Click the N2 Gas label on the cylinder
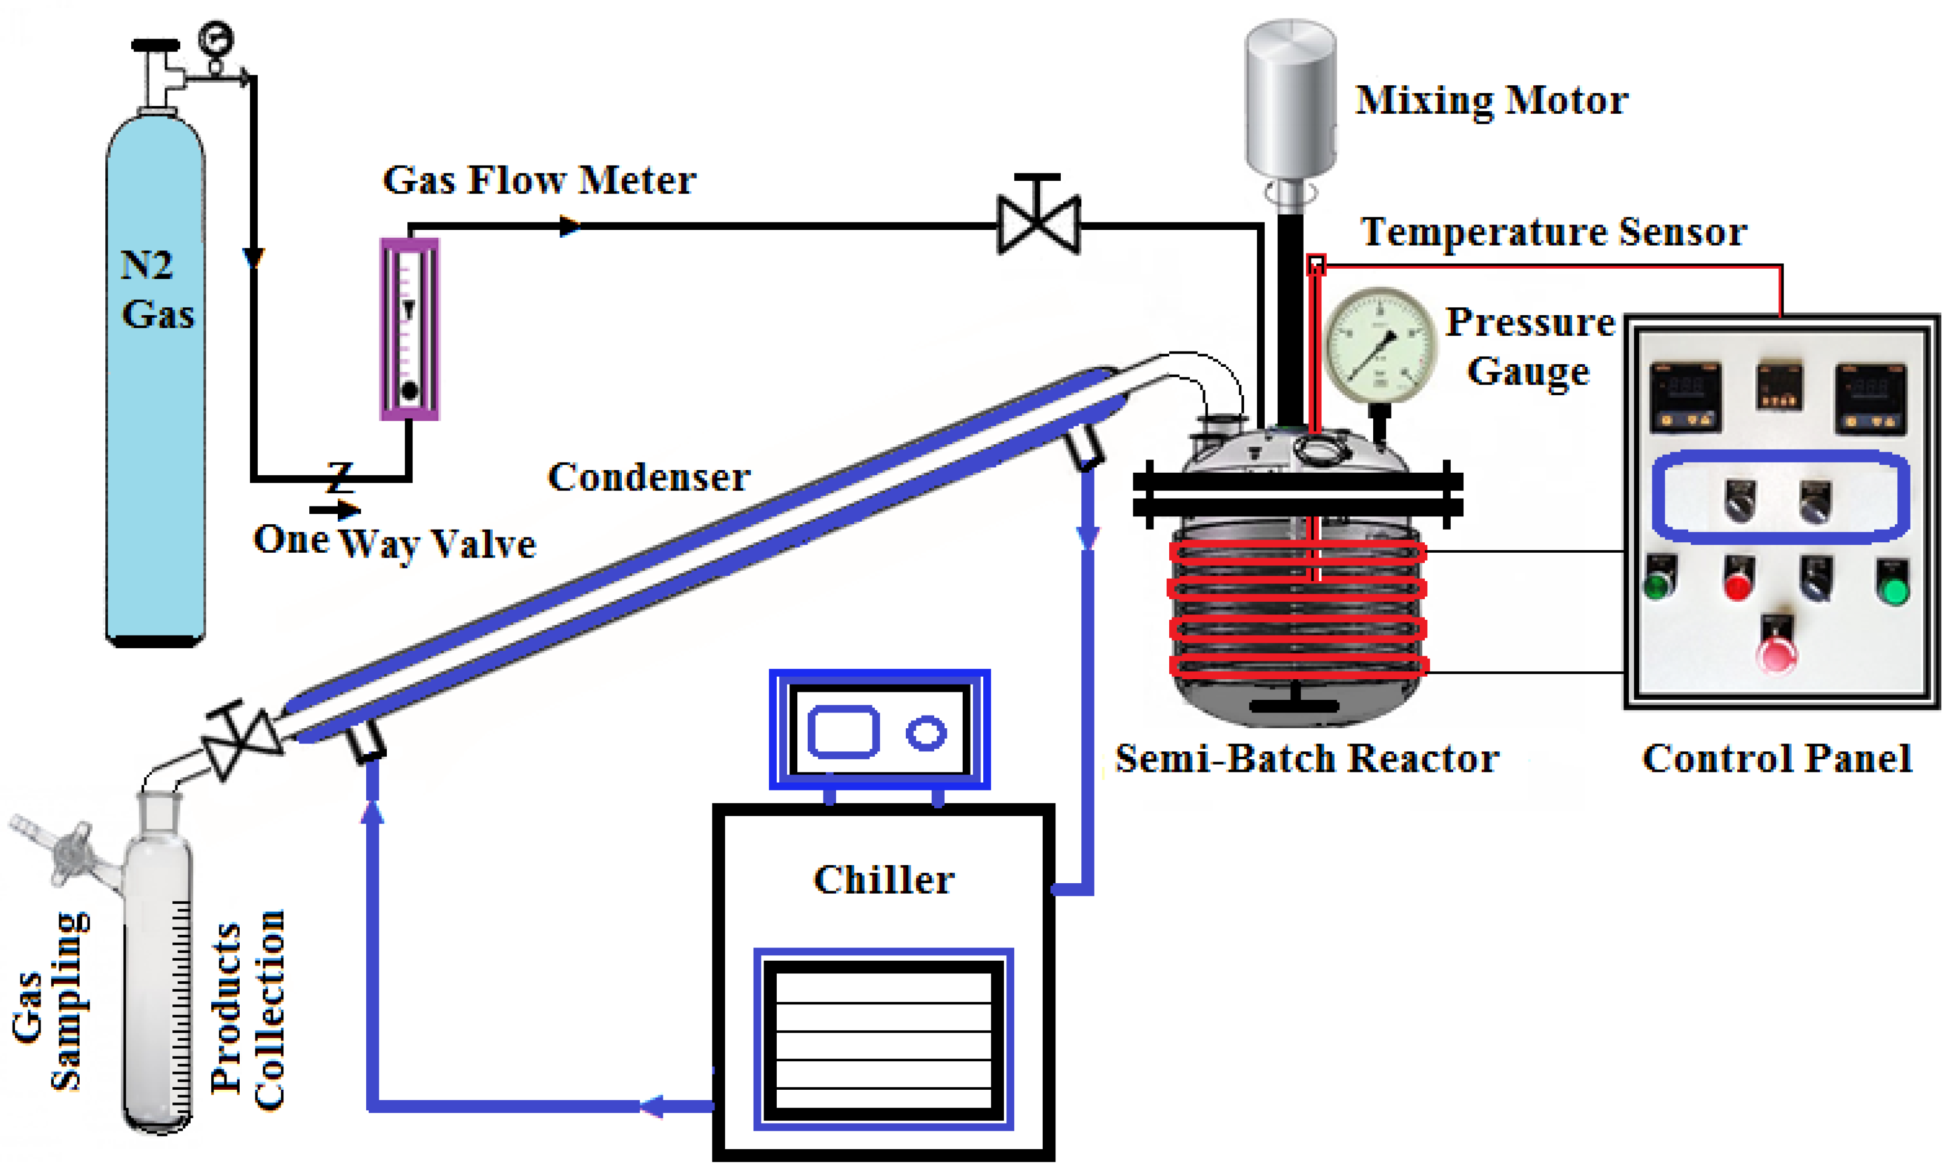click(x=156, y=289)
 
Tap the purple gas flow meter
click(x=409, y=329)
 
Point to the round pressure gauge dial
click(x=1379, y=346)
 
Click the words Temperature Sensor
click(x=1553, y=232)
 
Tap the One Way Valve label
click(x=394, y=542)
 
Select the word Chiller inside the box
click(x=884, y=880)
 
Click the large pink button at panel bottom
click(x=1776, y=653)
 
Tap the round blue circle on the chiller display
click(x=925, y=732)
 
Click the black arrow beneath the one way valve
click(x=334, y=510)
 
